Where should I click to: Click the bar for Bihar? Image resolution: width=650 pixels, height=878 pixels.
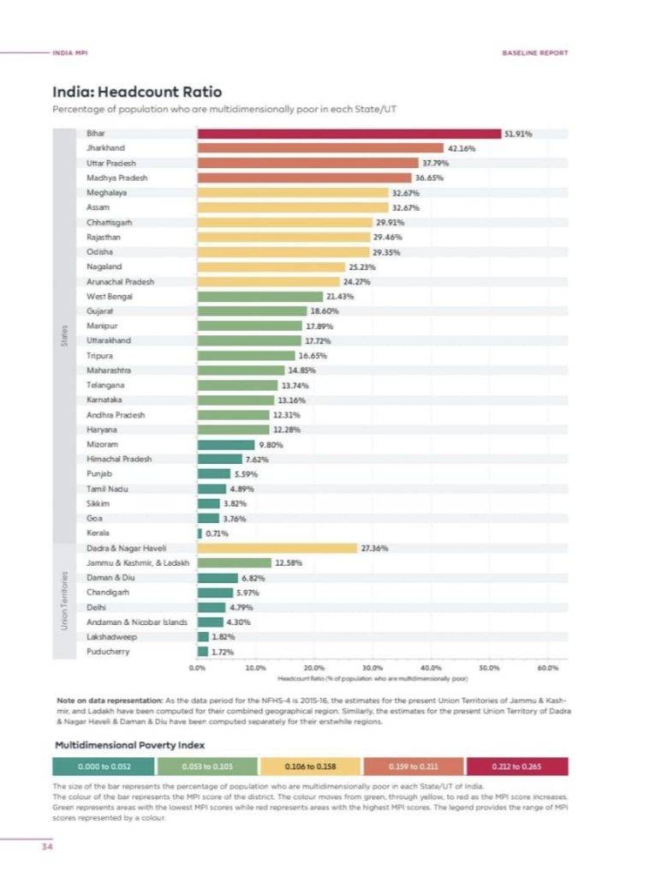[349, 134]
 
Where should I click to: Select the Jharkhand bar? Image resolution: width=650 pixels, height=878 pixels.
[320, 148]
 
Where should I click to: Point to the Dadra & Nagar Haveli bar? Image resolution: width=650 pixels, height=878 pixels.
[277, 548]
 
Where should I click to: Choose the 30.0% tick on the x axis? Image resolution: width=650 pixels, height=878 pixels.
[373, 666]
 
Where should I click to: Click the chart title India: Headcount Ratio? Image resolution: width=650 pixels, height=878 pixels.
[137, 92]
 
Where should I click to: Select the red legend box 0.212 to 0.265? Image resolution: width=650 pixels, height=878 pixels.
[516, 766]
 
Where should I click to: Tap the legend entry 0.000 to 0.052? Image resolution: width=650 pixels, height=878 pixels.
[104, 766]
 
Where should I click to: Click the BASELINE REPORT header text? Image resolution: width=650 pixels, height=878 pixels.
[534, 52]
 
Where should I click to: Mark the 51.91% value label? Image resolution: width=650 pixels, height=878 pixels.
[520, 134]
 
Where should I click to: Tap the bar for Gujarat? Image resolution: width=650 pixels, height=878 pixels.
[252, 310]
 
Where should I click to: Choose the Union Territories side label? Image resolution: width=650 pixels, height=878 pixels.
[64, 601]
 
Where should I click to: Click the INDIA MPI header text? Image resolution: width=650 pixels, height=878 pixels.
[70, 52]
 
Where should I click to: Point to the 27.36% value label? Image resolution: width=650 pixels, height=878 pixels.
[375, 548]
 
